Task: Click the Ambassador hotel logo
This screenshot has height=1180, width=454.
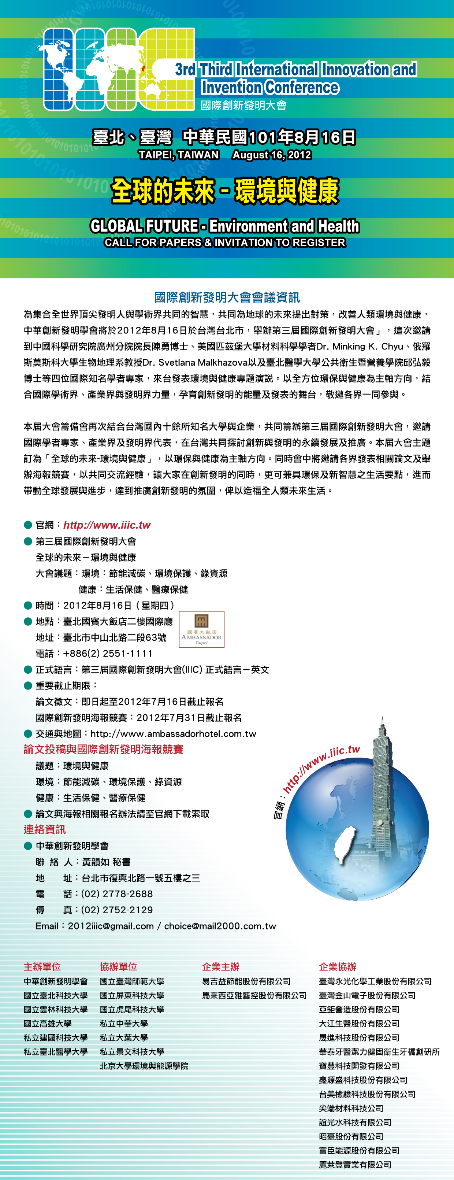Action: click(201, 629)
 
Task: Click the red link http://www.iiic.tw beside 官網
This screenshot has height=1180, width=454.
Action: click(107, 525)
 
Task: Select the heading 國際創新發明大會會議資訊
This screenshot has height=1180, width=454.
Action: click(227, 297)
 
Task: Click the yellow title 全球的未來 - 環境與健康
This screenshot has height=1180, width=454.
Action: click(225, 190)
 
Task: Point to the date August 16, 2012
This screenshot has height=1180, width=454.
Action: click(271, 155)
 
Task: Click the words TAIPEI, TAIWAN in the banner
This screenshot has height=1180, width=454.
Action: click(179, 155)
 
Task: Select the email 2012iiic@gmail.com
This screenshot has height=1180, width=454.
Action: click(111, 926)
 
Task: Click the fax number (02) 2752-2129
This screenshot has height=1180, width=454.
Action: click(117, 910)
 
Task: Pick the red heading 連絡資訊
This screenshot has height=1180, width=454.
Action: click(44, 829)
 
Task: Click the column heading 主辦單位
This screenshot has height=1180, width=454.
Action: click(42, 966)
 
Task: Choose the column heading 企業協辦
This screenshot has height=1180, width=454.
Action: click(337, 966)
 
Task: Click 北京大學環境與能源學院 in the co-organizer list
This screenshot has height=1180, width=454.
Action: click(144, 1066)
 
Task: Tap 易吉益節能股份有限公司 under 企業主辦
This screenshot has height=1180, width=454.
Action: click(246, 981)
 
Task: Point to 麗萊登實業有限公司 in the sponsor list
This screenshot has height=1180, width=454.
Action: click(355, 1164)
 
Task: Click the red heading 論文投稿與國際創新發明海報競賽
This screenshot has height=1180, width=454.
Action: click(103, 750)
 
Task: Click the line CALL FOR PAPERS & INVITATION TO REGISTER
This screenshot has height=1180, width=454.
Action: click(225, 242)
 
